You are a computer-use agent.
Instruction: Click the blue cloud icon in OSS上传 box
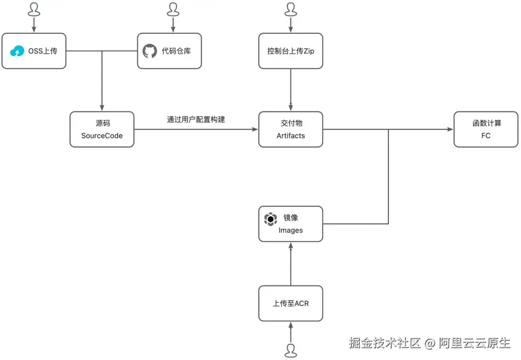click(17, 51)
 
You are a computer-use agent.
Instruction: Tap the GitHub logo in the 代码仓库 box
click(150, 51)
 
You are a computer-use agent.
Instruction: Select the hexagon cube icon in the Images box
click(271, 219)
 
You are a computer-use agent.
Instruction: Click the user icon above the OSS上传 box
click(33, 9)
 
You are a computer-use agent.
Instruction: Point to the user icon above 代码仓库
click(172, 9)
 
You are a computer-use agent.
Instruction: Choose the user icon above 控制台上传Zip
click(290, 9)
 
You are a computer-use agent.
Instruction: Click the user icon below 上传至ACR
click(290, 350)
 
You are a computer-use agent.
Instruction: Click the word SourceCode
click(102, 136)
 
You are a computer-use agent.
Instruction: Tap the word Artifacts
click(290, 136)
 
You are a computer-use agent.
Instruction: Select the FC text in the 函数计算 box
click(486, 136)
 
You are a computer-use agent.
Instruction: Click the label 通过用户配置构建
click(196, 119)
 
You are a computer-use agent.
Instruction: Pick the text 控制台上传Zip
click(290, 51)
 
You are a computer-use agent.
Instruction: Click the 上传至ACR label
click(290, 304)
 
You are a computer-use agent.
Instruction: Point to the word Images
click(290, 230)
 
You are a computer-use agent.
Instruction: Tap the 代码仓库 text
click(176, 51)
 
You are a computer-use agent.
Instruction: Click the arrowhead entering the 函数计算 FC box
click(450, 129)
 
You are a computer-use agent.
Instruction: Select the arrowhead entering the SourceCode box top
click(102, 108)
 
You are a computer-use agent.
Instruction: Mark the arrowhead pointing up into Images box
click(290, 246)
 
